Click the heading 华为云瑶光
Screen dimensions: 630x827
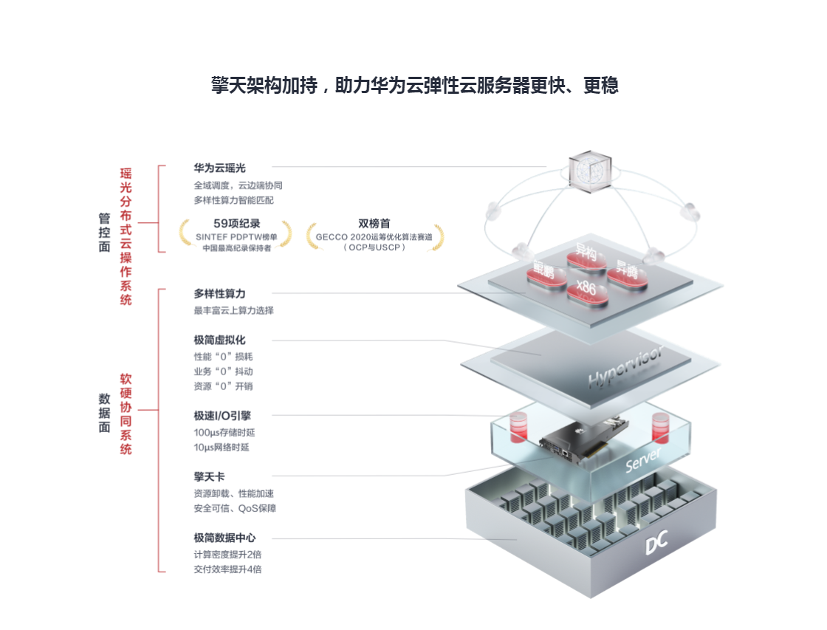point(219,168)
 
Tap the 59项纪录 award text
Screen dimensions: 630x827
point(236,223)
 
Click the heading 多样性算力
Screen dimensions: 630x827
point(219,294)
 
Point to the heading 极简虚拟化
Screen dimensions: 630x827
point(219,340)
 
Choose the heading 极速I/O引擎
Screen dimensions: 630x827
point(222,416)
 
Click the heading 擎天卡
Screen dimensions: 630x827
point(209,476)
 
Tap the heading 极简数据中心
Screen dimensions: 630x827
point(224,538)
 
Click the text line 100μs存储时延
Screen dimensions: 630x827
point(224,432)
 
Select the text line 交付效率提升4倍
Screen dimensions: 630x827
point(227,569)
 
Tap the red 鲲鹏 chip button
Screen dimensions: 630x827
point(544,271)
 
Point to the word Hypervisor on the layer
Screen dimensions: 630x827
point(625,367)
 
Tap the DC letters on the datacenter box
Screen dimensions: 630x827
point(656,544)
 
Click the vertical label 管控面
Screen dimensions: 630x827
point(104,233)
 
